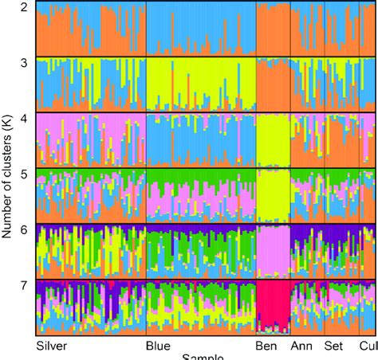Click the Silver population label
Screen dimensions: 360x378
tap(53, 346)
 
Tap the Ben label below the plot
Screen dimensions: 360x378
tap(266, 346)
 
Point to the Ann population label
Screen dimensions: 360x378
tap(301, 346)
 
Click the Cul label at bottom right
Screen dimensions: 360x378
tap(368, 346)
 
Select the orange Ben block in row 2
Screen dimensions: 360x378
tap(272, 28)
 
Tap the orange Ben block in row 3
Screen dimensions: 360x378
tap(272, 84)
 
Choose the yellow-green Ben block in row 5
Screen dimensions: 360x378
tap(272, 195)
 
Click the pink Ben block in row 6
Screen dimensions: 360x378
tap(272, 250)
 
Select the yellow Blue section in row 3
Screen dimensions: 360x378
tap(199, 84)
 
